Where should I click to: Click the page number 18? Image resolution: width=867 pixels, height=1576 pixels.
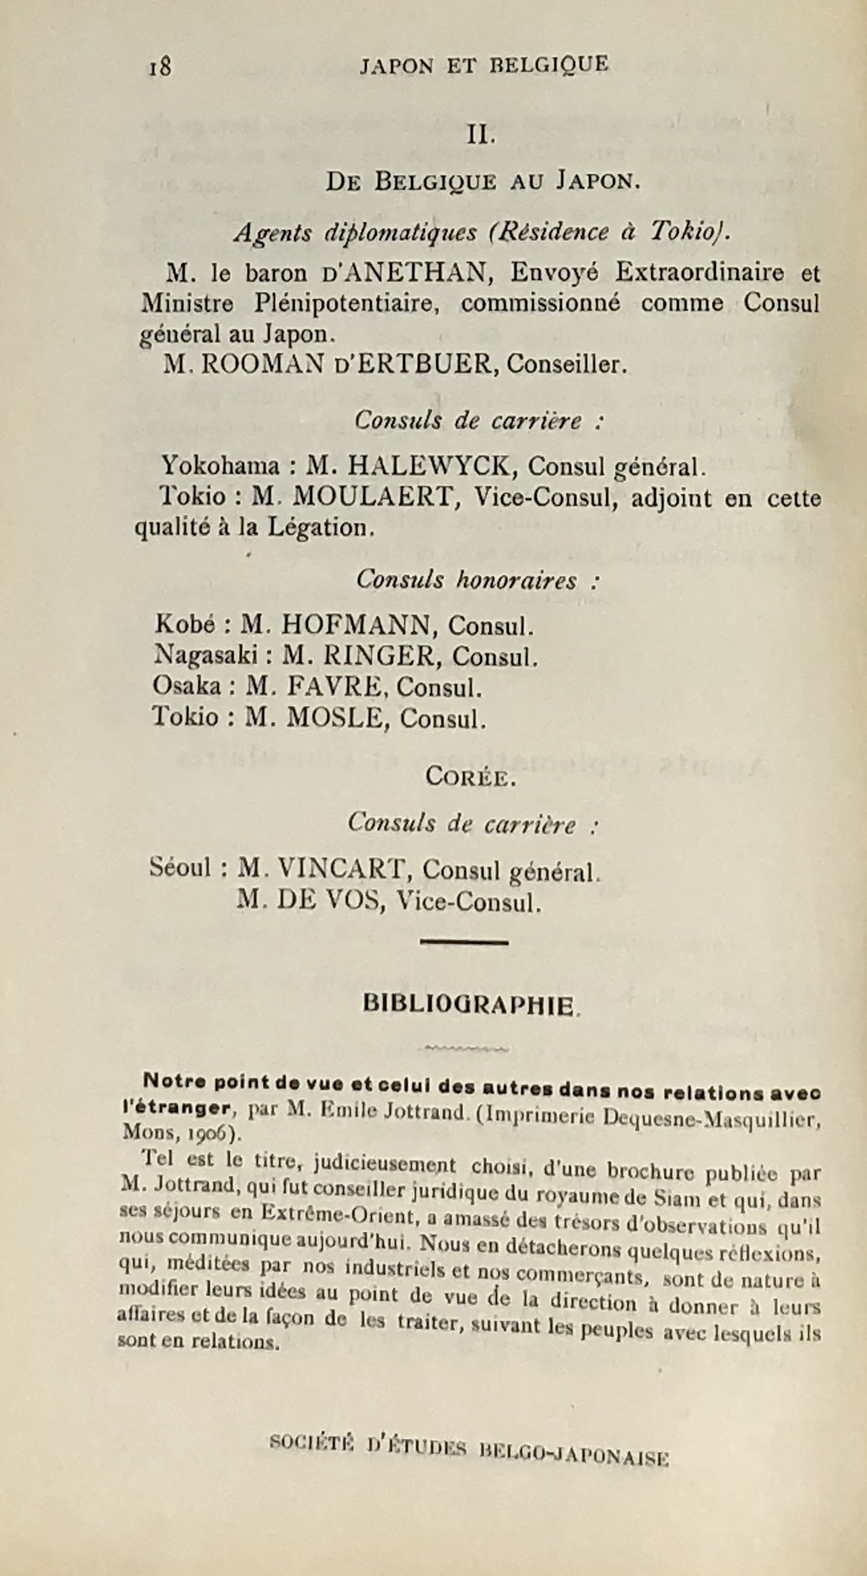click(160, 67)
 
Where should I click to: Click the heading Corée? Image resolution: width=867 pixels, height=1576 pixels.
click(471, 777)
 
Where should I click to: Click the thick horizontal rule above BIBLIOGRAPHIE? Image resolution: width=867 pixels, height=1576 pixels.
click(464, 941)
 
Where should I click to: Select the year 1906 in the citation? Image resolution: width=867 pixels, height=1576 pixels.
click(205, 1133)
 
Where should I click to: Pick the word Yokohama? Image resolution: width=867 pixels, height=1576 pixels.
click(220, 466)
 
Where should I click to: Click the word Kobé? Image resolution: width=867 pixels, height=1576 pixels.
click(185, 625)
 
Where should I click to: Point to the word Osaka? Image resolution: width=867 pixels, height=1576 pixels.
click(186, 687)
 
